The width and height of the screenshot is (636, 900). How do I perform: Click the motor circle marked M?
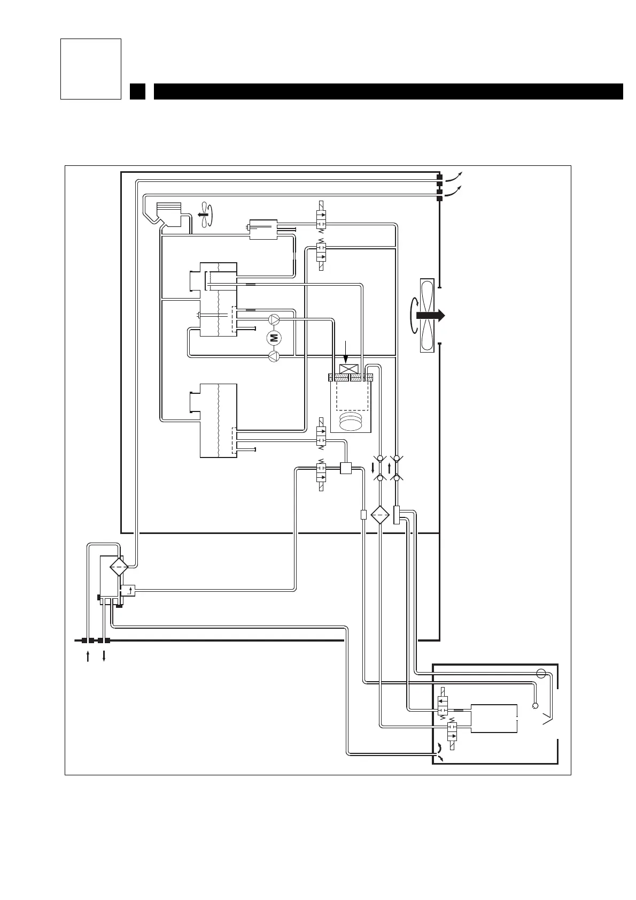pos(274,337)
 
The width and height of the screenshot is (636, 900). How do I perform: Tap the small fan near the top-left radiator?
pos(203,215)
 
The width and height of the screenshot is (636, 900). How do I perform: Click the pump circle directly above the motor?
pos(274,320)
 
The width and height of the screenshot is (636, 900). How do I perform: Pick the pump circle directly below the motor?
pos(274,355)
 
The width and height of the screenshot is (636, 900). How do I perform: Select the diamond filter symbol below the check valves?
pos(379,515)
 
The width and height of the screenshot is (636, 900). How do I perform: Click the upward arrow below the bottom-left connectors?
pos(88,656)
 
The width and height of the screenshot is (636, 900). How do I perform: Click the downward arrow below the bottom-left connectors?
pos(104,656)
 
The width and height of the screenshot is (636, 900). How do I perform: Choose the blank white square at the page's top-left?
pos(91,68)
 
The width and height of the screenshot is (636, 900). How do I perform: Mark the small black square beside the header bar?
pos(137,91)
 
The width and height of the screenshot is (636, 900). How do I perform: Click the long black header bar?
pos(388,91)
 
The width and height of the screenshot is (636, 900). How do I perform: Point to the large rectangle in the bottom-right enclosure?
pos(494,718)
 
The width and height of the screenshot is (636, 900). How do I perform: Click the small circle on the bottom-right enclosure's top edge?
pos(541,673)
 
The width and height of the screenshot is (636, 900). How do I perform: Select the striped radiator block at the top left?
pos(169,208)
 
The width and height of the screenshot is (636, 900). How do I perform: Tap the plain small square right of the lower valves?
pos(345,468)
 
